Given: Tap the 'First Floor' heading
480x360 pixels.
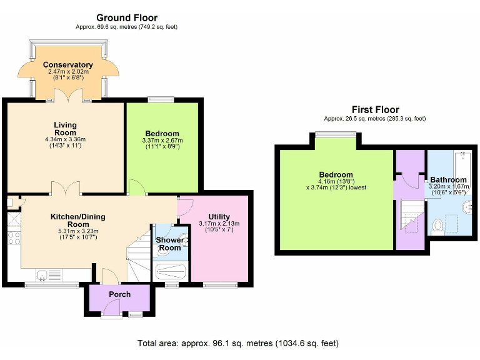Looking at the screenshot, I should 375,110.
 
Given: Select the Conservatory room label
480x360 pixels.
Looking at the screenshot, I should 68,65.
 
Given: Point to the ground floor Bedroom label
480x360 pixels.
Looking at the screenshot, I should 162,133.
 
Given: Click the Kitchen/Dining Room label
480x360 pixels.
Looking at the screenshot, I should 78,220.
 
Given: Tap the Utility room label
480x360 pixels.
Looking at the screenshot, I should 219,217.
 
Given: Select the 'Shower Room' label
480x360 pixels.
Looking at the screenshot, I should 169,244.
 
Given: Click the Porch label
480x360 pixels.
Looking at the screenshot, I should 119,294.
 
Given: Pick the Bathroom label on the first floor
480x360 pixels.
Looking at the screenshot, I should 448,179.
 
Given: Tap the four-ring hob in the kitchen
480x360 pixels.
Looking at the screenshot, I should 13,238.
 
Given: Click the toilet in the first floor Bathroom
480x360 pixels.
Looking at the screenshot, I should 438,224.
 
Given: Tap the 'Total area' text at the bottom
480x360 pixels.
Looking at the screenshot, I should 238,343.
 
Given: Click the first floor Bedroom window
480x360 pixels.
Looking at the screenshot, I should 336,133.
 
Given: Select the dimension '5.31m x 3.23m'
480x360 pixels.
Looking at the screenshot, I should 78,231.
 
